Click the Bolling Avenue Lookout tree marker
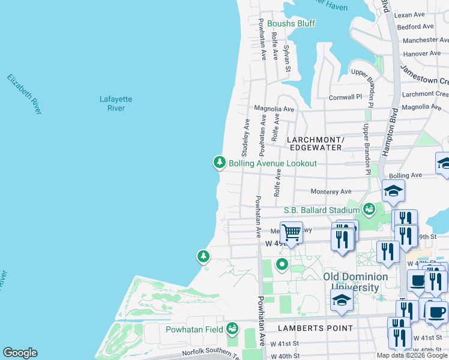click(x=220, y=163)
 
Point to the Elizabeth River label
click(x=25, y=94)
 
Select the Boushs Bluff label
click(x=291, y=23)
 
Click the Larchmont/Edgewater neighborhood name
click(x=316, y=143)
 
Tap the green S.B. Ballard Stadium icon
click(x=369, y=210)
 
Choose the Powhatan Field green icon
click(x=232, y=329)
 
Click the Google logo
click(x=20, y=353)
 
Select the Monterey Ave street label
click(x=331, y=191)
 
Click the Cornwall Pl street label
click(x=345, y=97)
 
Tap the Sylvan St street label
click(x=288, y=60)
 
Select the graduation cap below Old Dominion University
click(x=342, y=301)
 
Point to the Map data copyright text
click(x=412, y=355)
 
